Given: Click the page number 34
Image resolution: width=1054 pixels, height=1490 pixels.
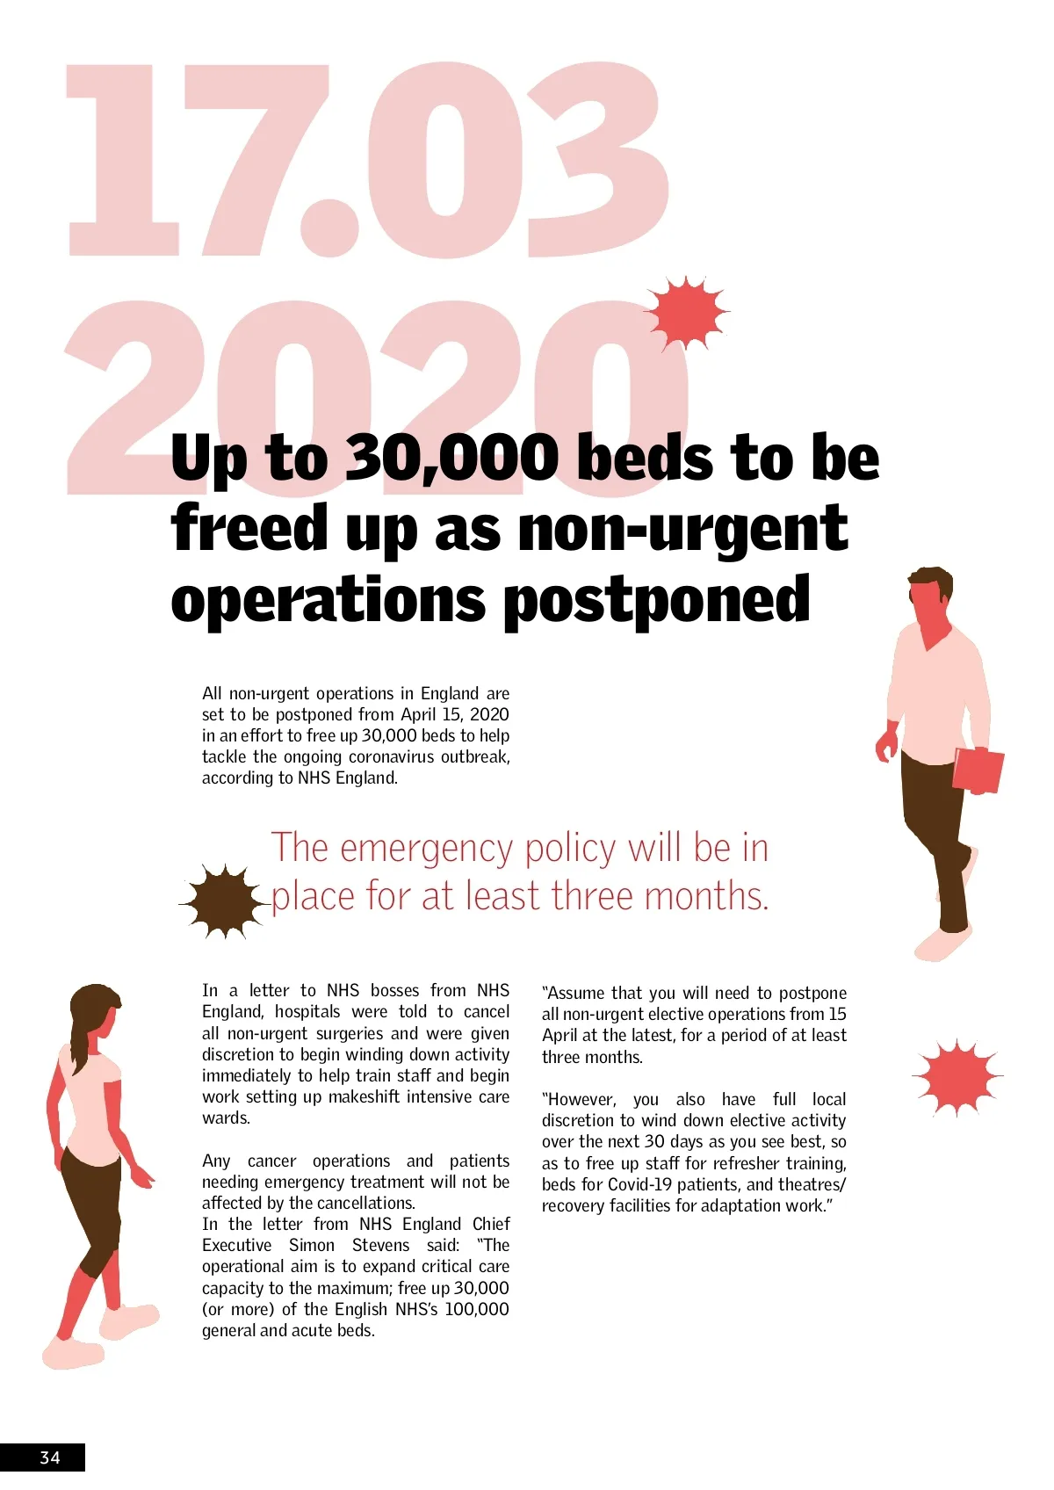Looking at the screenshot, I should pos(50,1457).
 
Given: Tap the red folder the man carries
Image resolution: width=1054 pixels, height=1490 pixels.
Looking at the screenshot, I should pos(978,770).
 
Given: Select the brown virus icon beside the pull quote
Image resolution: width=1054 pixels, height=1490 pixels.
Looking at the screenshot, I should pos(224,901).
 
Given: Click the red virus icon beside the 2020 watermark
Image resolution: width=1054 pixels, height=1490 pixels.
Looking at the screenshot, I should pos(687,312).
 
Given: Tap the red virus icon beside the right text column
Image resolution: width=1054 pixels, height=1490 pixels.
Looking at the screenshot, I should pos(957,1076).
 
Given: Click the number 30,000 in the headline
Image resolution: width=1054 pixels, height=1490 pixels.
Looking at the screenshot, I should pos(452,458).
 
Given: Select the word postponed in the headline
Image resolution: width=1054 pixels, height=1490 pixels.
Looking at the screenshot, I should pos(656,600).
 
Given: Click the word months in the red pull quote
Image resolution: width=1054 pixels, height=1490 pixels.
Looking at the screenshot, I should pos(706,897).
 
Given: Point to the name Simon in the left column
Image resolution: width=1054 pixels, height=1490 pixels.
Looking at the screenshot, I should pos(312,1245).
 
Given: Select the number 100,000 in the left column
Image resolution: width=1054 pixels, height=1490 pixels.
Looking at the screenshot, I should pos(477,1309).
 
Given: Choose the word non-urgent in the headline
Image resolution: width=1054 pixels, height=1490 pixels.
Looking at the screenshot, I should pos(683,530).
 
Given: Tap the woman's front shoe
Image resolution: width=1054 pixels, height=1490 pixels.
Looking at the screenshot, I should pos(132,1318).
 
